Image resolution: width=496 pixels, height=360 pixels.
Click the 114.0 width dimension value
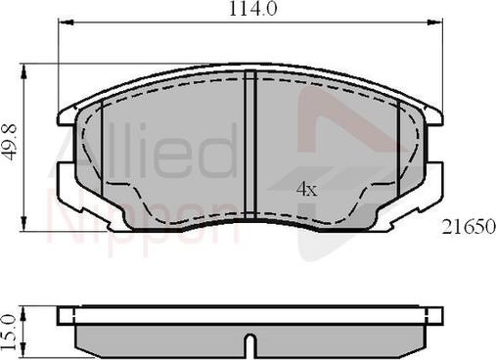(x=253, y=9)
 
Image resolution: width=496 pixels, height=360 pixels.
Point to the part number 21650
(x=469, y=227)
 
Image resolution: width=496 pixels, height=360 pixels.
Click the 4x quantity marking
(x=306, y=189)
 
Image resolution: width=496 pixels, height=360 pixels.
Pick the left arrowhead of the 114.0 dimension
(x=66, y=22)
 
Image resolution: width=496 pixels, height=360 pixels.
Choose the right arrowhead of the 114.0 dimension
(x=435, y=22)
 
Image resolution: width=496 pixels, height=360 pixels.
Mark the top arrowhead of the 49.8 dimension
(x=23, y=71)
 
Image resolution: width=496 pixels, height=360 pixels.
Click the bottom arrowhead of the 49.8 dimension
(x=23, y=224)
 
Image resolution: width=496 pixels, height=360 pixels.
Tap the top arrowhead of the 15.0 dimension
(x=23, y=314)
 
